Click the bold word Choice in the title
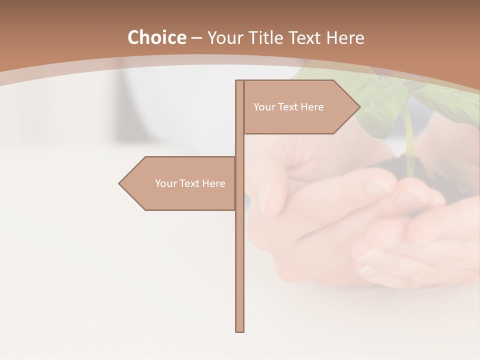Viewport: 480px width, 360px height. coord(156,37)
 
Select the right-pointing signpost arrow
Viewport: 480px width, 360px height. coord(300,107)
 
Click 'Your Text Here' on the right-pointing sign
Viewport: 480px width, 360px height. coord(288,107)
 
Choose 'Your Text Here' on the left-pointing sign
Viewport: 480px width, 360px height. coord(190,183)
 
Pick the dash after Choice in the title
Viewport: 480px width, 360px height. coord(196,38)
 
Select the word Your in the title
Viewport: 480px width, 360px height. coord(224,37)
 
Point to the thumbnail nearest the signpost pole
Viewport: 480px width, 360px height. coord(265,197)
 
